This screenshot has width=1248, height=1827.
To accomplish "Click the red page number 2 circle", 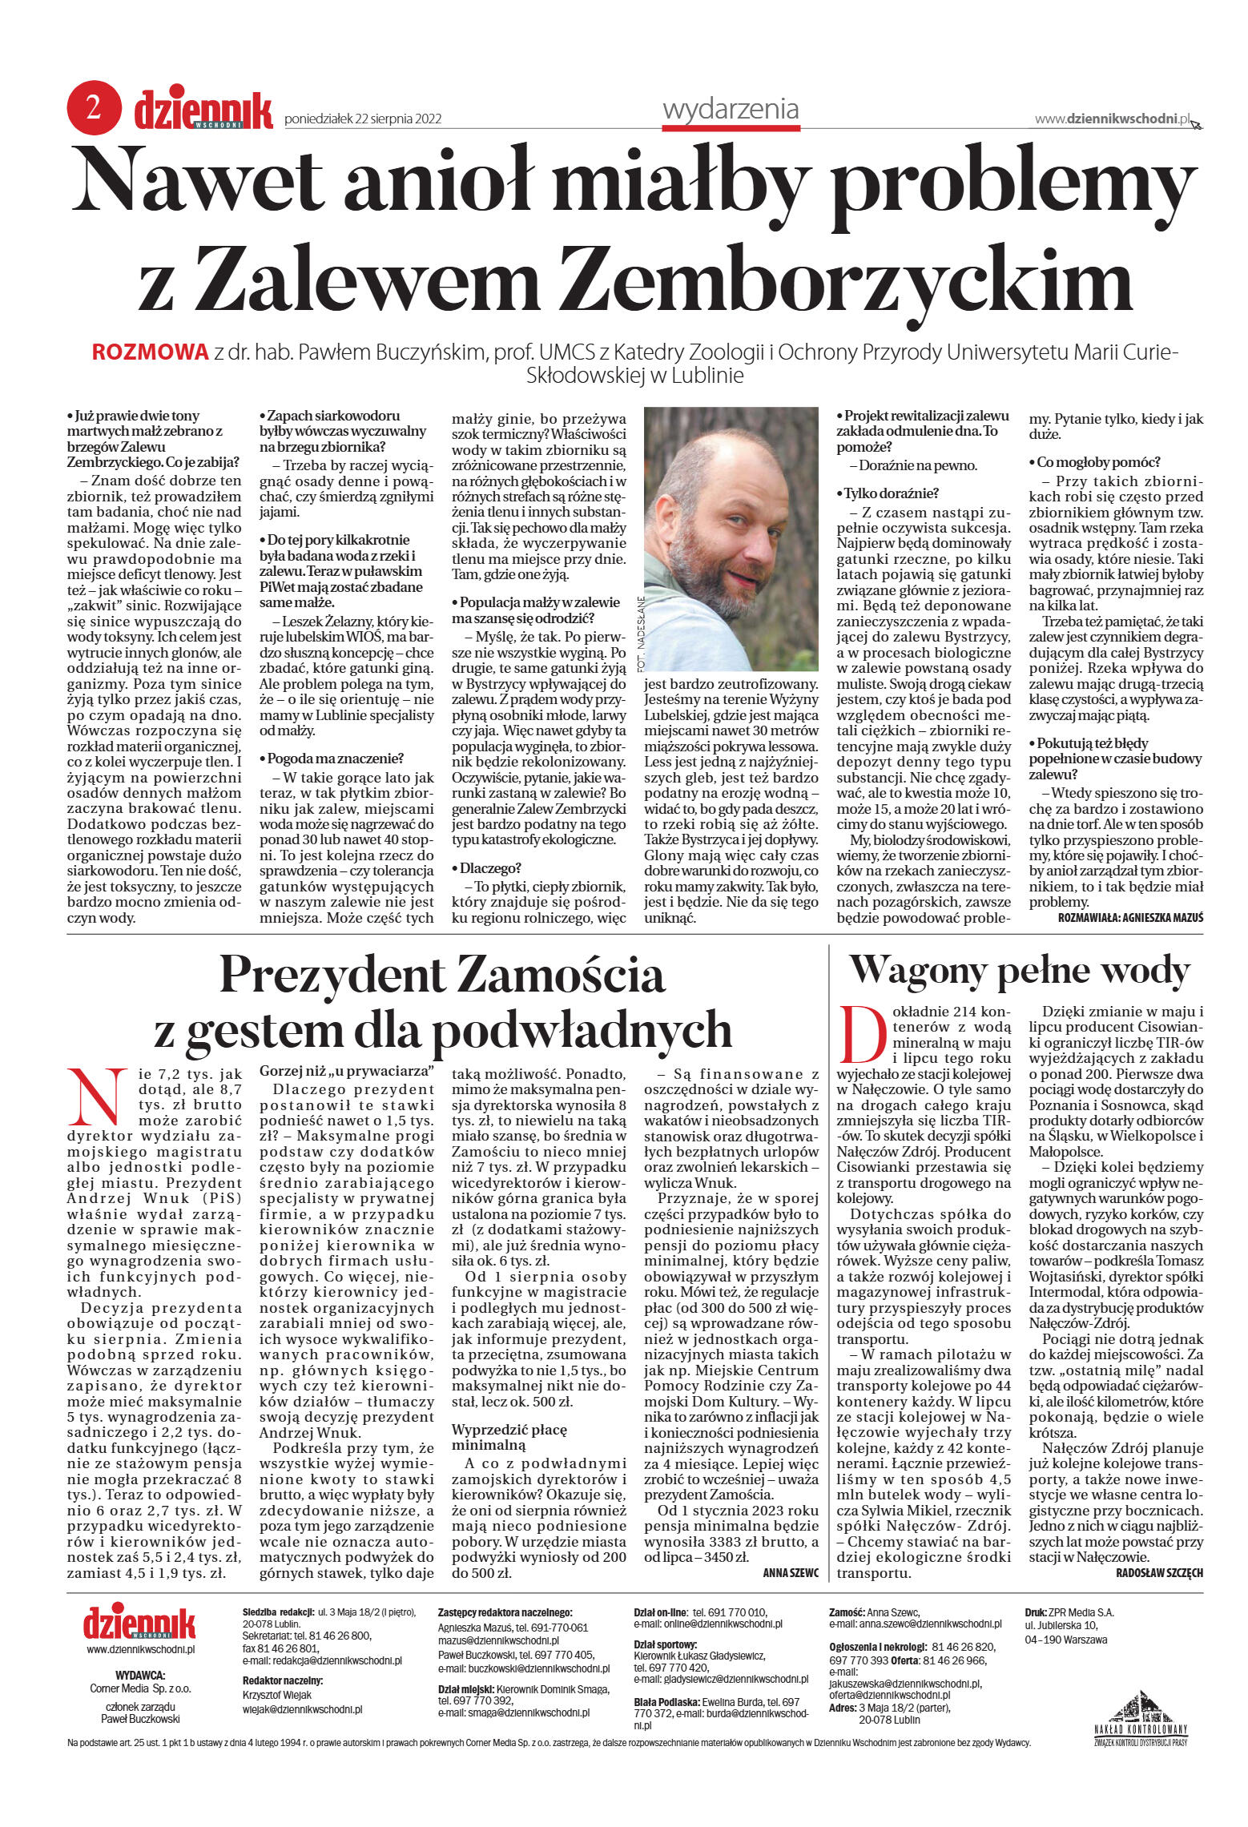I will click(x=94, y=108).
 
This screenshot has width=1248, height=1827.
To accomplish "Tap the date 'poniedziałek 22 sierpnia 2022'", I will click(x=363, y=119).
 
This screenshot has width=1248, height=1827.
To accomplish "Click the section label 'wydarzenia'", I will click(x=731, y=109).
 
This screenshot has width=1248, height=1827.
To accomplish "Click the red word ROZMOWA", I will click(x=151, y=352).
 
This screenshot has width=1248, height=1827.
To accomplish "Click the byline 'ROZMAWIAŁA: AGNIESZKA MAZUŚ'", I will click(x=1129, y=918).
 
